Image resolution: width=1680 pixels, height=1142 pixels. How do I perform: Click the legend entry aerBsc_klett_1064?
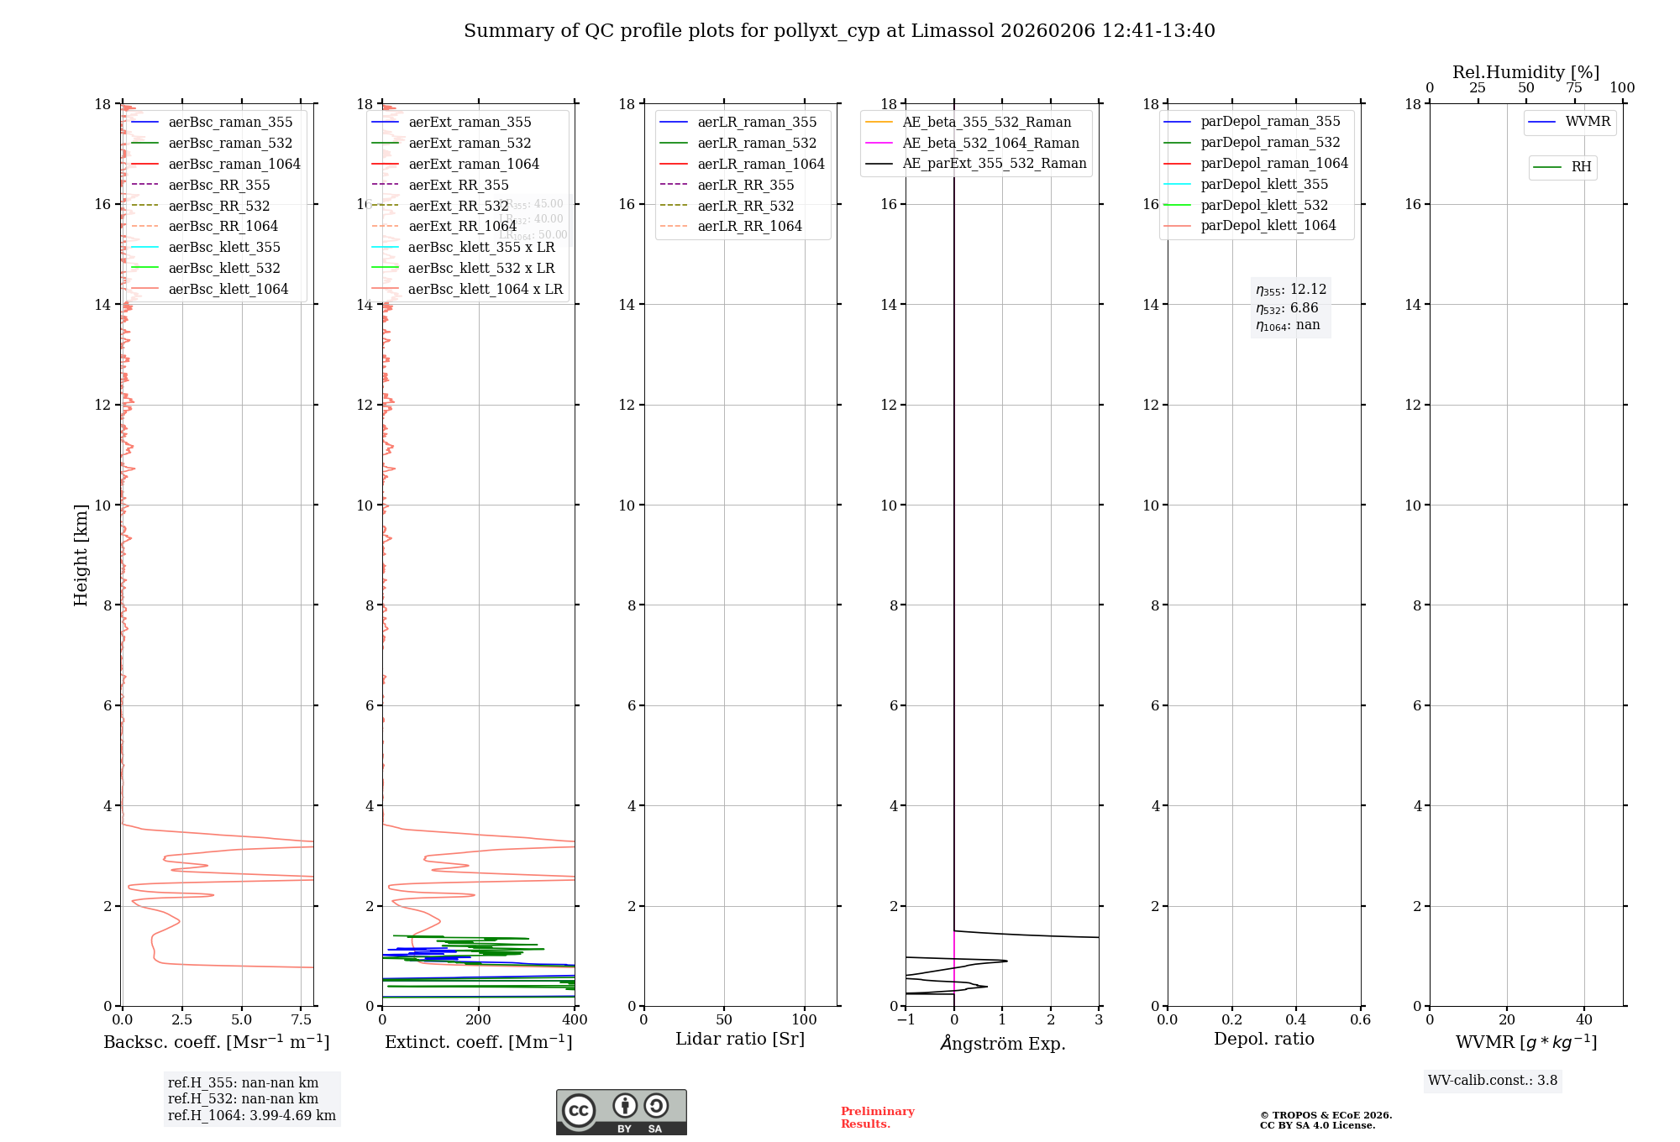point(228,289)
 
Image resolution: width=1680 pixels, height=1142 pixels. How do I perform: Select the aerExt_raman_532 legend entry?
point(470,143)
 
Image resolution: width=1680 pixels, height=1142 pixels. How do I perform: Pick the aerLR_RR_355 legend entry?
point(745,185)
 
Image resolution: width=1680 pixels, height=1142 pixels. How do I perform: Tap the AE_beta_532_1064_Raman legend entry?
point(990,143)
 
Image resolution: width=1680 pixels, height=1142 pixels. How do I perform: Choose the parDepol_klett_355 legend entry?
point(1264,184)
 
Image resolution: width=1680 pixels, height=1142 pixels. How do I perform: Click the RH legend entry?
point(1581,167)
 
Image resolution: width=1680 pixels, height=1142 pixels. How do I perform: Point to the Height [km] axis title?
point(81,554)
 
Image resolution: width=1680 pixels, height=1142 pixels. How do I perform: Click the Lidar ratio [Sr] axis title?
point(739,1039)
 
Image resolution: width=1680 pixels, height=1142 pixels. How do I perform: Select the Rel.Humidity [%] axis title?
point(1525,72)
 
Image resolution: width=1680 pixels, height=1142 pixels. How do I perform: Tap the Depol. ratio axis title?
point(1263,1039)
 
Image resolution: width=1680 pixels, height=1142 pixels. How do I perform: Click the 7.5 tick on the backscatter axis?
point(302,1020)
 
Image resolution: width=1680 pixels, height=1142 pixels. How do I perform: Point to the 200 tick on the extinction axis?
point(479,1020)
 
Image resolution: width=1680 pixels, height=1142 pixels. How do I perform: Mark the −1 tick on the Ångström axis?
point(906,1020)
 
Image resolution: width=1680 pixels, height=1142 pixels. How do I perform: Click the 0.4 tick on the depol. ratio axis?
point(1296,1020)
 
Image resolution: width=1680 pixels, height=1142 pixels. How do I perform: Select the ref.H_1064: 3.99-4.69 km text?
point(251,1116)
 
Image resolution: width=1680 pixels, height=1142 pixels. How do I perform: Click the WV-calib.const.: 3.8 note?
point(1492,1081)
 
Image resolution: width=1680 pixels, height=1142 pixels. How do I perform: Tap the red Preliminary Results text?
point(877,1118)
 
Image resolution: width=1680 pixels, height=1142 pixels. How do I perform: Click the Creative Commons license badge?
point(621,1112)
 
